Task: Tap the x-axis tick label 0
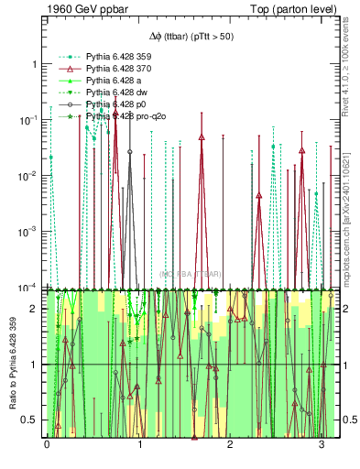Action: coord(47,444)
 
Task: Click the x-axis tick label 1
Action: coord(139,444)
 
